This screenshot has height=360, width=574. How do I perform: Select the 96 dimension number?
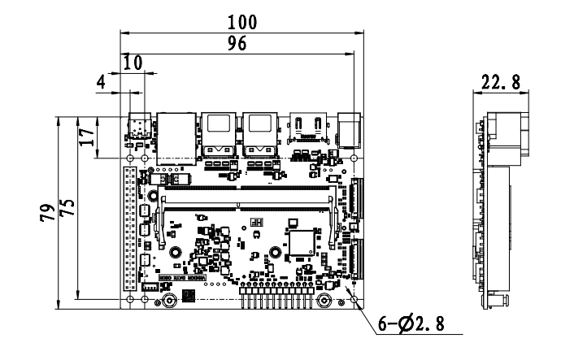237,45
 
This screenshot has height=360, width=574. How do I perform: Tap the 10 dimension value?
133,63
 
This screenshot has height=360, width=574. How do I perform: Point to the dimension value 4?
101,81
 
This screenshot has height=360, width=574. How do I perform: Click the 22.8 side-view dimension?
501,82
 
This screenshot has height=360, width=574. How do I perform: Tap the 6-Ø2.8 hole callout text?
412,324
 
